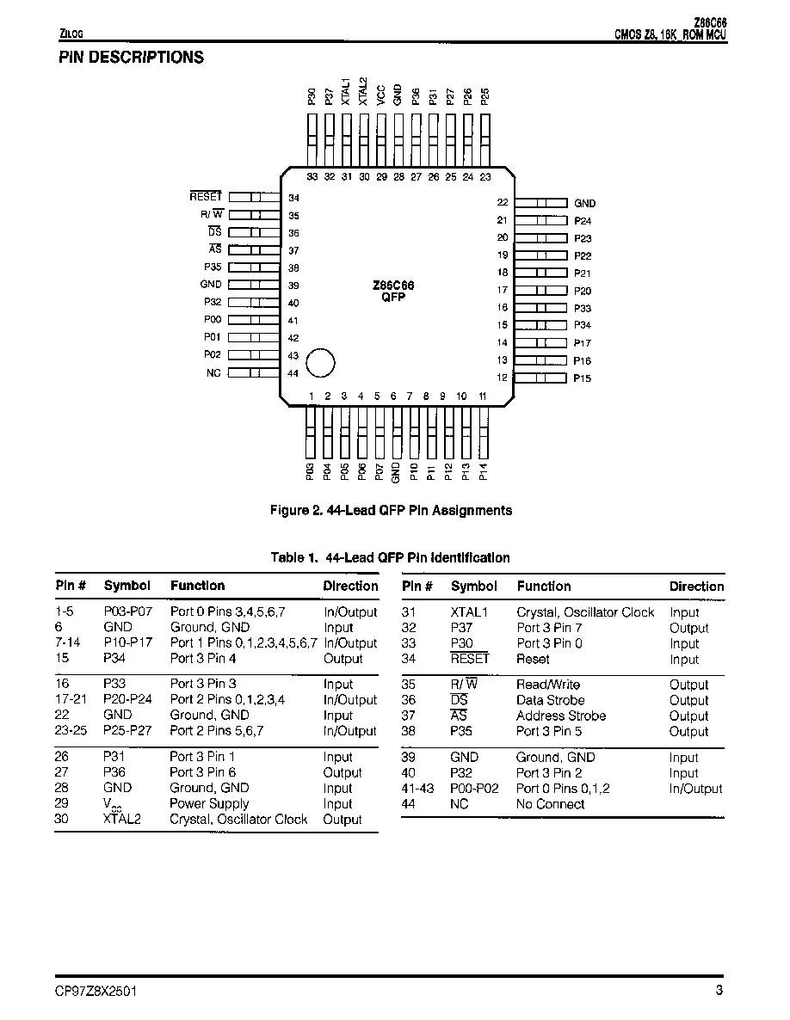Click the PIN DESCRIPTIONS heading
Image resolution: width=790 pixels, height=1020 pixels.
131,58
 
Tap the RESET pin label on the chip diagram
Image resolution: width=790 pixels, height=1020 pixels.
206,196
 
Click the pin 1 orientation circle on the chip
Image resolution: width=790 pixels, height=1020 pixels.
320,363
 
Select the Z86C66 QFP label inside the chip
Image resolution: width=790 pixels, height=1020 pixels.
393,291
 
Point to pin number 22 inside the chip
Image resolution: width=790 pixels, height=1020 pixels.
503,202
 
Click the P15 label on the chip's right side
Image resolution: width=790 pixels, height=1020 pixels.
583,378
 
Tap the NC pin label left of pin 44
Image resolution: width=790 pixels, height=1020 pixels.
213,372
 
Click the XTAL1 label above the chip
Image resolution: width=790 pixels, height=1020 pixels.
346,91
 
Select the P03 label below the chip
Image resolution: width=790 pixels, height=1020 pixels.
311,471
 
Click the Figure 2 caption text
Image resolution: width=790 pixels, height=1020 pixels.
391,511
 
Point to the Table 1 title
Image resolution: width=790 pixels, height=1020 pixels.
391,557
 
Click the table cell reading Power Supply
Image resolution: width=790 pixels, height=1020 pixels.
209,803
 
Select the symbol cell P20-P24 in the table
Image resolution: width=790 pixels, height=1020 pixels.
127,699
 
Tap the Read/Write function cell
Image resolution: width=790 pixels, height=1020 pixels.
548,685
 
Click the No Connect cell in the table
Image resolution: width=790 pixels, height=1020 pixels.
551,804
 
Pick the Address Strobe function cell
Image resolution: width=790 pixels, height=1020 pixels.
561,716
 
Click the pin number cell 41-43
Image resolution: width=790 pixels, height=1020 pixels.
417,789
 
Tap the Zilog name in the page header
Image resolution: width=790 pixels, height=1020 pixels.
71,34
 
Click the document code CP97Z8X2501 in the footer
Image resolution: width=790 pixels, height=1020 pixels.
96,992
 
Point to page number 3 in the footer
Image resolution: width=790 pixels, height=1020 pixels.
719,991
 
